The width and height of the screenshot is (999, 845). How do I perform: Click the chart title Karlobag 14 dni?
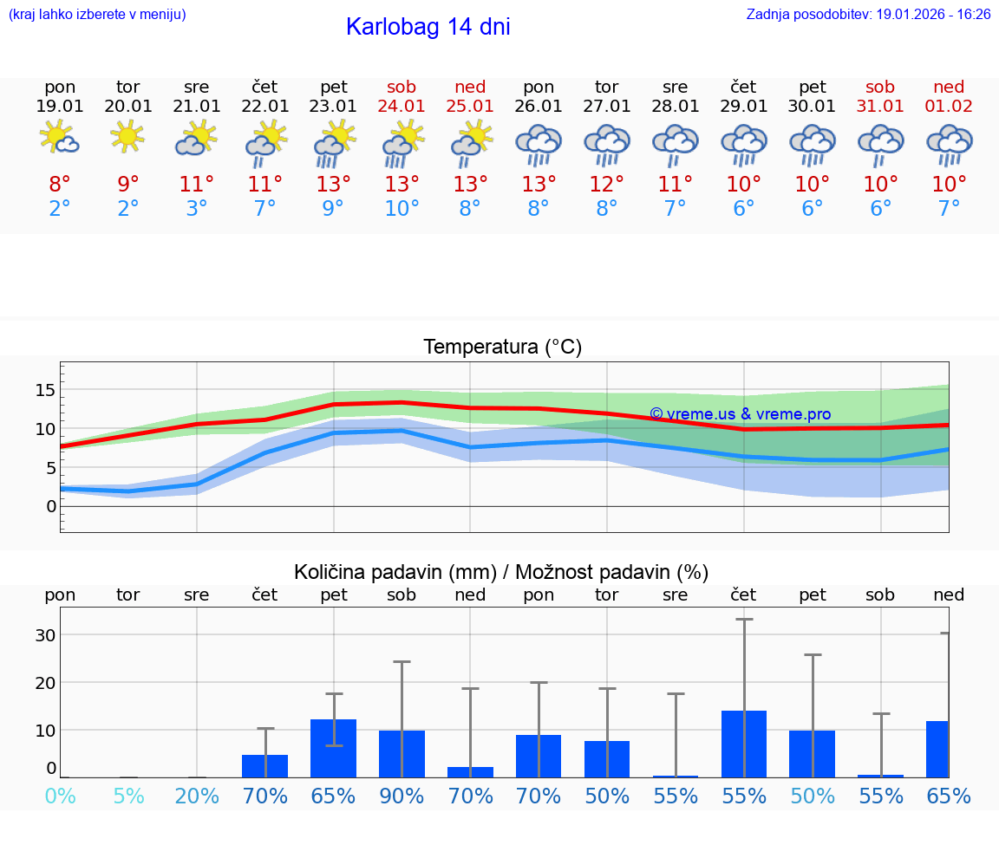[x=428, y=27]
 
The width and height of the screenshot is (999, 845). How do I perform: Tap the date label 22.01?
[x=264, y=107]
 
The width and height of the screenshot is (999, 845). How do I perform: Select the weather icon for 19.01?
[x=60, y=139]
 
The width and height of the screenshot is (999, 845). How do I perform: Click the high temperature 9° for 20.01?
[x=128, y=185]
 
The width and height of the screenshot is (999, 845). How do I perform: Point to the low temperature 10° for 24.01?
[x=402, y=209]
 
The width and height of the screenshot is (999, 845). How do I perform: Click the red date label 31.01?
[x=880, y=107]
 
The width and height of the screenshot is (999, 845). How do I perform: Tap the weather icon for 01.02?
[x=949, y=144]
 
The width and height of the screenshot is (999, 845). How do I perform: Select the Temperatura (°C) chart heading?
[x=502, y=348]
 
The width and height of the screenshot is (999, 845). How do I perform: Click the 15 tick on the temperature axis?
[x=45, y=390]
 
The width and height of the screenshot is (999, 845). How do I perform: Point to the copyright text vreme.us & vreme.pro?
[x=740, y=414]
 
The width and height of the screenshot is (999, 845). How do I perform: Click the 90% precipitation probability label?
[x=402, y=796]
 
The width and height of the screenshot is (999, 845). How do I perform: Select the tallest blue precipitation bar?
[x=744, y=744]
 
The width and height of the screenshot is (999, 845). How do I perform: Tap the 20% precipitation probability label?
[x=197, y=796]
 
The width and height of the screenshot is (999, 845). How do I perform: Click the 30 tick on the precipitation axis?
[x=45, y=635]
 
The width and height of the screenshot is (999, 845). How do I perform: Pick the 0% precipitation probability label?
[x=60, y=796]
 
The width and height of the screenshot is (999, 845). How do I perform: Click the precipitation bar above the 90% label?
[x=402, y=754]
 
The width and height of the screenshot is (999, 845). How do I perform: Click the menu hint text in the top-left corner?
[x=97, y=15]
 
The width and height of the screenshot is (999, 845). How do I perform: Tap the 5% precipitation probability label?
[x=128, y=796]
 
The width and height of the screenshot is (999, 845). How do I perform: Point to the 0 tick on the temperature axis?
[x=51, y=506]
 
